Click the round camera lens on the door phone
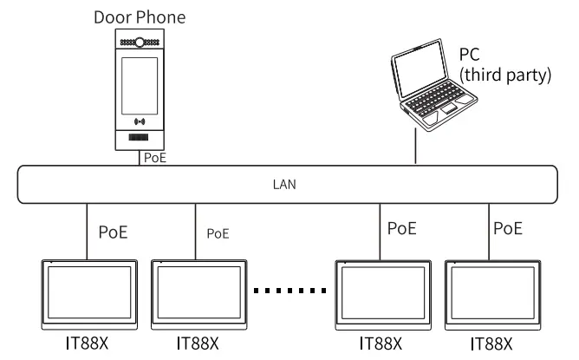click(140, 41)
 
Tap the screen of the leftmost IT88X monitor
click(89, 293)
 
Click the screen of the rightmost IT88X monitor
click(490, 293)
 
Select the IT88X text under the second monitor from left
click(197, 344)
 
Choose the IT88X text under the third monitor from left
click(383, 344)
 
